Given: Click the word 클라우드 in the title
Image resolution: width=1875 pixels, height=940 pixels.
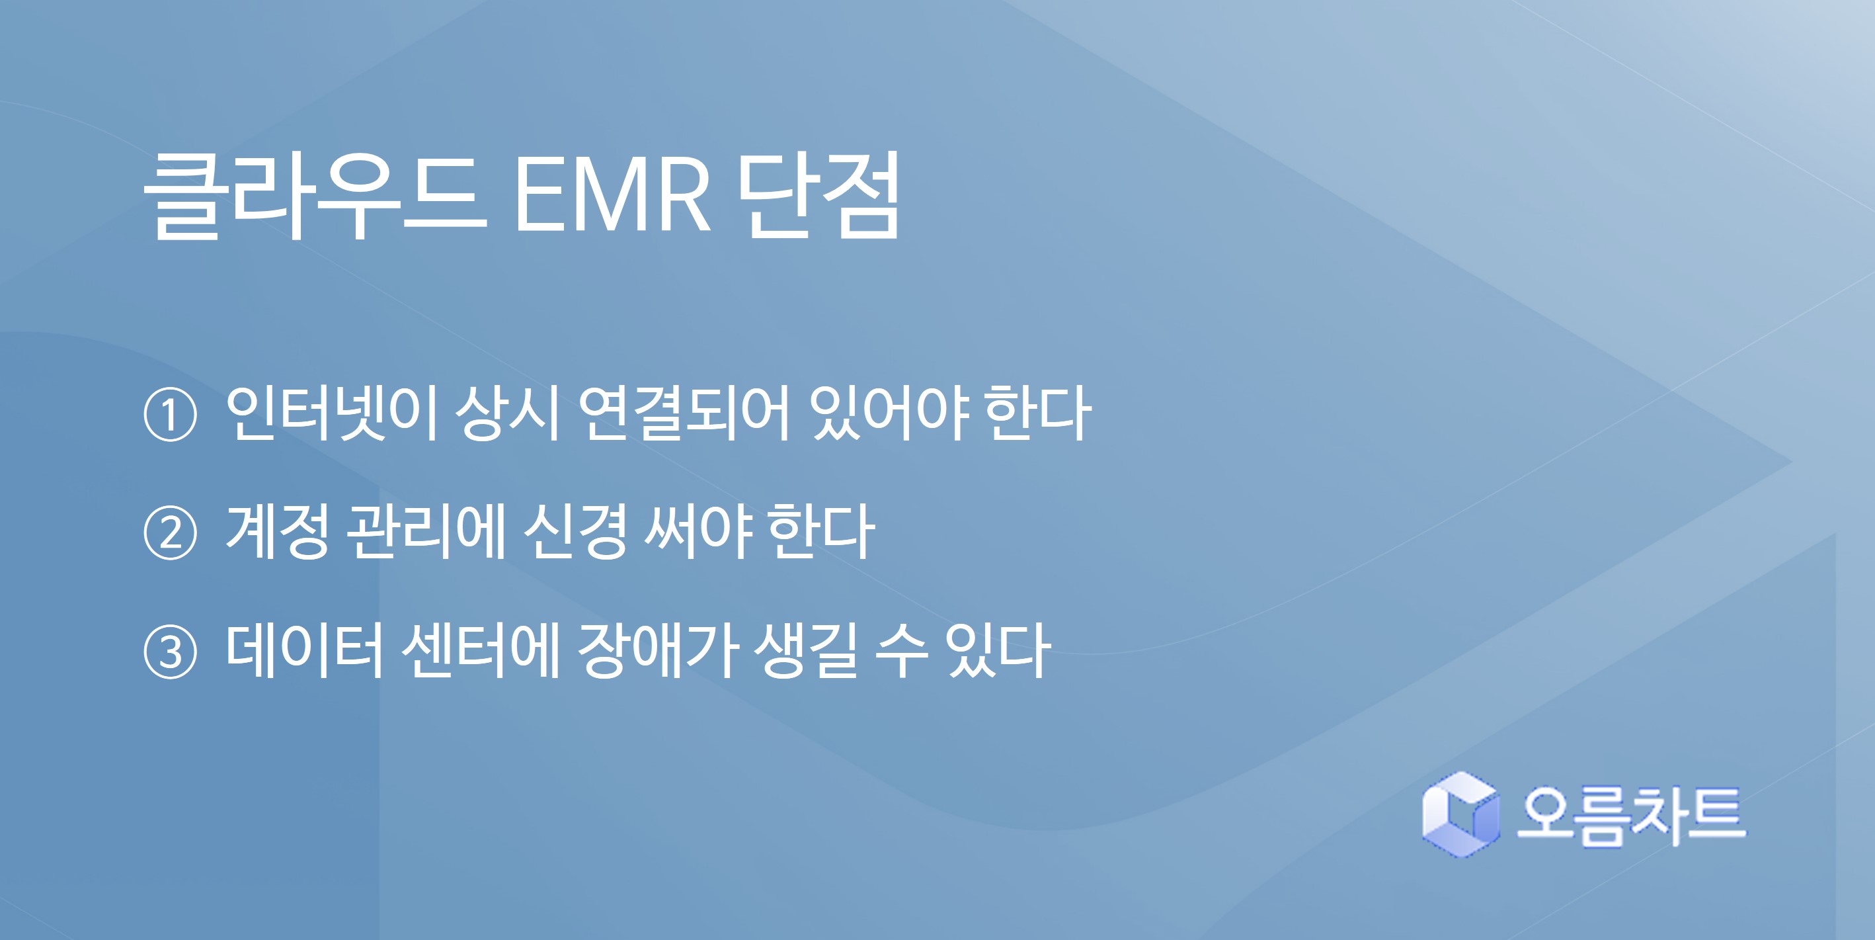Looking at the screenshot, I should [315, 196].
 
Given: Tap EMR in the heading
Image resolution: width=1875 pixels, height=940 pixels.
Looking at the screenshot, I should [612, 196].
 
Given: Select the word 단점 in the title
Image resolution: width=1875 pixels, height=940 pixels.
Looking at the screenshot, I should [819, 196].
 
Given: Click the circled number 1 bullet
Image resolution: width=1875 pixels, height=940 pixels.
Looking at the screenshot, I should [171, 415].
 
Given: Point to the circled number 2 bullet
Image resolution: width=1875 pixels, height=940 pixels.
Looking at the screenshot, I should [171, 534].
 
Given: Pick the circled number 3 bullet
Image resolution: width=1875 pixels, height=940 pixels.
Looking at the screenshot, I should [171, 652].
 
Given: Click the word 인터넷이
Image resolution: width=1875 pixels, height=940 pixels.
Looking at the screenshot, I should [331, 413].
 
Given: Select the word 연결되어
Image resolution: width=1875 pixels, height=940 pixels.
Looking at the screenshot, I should [684, 413].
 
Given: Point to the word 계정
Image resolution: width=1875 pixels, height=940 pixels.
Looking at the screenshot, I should [277, 532].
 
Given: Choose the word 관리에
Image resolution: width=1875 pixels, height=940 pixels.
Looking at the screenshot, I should [425, 532].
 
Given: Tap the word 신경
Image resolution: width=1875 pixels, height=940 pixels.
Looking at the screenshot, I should [575, 532].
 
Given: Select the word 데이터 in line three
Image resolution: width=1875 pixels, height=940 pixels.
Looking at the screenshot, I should [304, 650].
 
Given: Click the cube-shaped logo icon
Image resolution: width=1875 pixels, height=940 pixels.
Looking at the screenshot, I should [1460, 815].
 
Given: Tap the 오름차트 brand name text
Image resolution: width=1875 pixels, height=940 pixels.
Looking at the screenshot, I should [1631, 816].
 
